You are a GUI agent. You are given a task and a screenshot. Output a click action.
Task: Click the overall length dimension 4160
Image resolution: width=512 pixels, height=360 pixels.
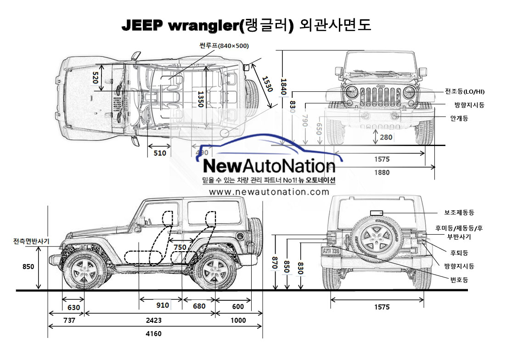click(153, 334)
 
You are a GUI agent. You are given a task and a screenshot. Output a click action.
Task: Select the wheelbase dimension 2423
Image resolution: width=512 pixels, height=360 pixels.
click(153, 321)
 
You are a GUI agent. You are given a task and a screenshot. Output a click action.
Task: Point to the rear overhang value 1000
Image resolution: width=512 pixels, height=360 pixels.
click(238, 321)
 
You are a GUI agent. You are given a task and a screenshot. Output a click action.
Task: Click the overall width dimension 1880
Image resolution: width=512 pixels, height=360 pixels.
click(382, 173)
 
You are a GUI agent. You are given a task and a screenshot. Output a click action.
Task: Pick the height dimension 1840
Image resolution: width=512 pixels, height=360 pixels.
click(283, 87)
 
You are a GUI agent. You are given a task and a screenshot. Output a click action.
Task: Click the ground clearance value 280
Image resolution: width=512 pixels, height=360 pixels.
click(386, 137)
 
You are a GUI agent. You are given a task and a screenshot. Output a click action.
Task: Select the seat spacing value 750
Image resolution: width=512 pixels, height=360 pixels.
click(180, 247)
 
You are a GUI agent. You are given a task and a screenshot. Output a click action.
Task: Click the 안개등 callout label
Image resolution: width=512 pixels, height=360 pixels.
click(459, 118)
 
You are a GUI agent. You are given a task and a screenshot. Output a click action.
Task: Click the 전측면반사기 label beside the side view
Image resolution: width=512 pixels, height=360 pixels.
click(31, 241)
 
